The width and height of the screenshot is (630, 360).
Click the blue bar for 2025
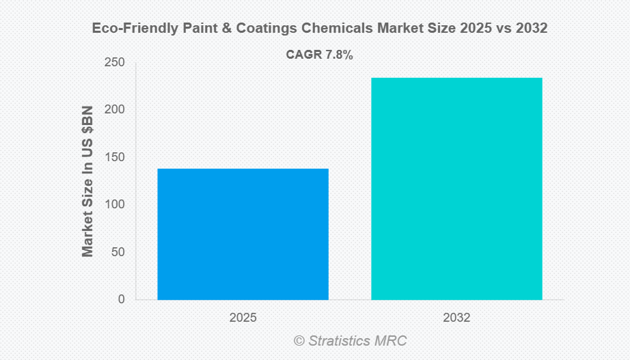click(x=243, y=234)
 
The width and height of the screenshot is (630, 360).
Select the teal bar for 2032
click(x=456, y=189)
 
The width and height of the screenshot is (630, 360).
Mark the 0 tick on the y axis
click(x=121, y=299)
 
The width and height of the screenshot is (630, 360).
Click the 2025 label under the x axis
click(x=243, y=318)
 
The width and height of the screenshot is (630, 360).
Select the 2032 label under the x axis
click(x=456, y=318)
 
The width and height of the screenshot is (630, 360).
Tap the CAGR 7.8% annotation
click(x=319, y=55)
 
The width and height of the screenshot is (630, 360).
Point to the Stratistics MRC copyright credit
click(x=350, y=340)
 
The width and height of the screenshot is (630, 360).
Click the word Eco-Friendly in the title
click(x=126, y=29)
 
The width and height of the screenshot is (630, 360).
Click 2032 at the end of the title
click(x=533, y=29)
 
